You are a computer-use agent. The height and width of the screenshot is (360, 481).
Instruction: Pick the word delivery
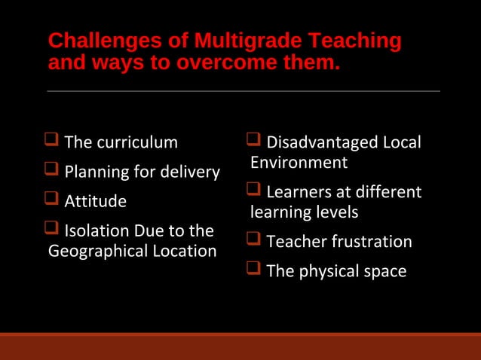(188, 172)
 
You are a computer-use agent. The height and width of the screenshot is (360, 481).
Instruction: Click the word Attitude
(95, 202)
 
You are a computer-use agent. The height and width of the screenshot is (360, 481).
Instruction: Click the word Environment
(299, 163)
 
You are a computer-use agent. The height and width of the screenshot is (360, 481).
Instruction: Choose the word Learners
(300, 192)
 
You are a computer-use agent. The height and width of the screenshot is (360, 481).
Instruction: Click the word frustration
(369, 242)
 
